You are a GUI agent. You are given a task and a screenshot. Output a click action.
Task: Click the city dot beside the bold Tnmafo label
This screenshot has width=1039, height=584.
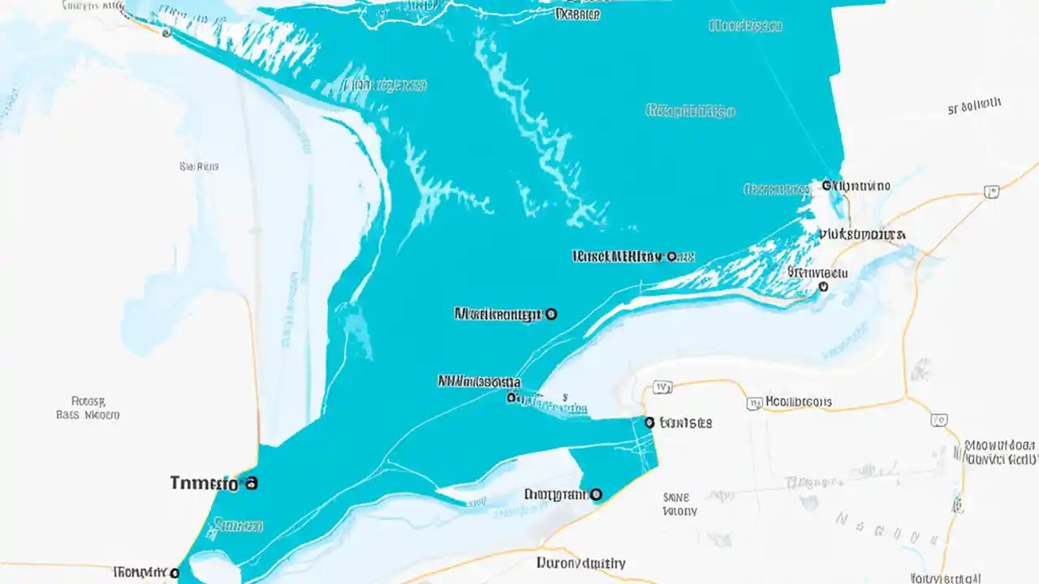coord(251,483)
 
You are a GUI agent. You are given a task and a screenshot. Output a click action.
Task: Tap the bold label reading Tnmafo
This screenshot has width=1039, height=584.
coord(205,484)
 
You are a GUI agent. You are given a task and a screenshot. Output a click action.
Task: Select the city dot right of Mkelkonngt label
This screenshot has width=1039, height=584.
coord(552,313)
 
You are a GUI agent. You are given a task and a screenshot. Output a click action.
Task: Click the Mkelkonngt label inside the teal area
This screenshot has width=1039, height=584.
coord(497,314)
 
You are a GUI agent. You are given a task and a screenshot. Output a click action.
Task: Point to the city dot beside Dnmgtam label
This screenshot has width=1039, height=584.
coord(596,493)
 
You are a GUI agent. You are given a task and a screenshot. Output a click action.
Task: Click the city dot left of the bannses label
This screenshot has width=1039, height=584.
coord(649,422)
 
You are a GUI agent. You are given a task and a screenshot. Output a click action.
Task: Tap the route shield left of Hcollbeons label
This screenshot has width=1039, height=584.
coord(754,402)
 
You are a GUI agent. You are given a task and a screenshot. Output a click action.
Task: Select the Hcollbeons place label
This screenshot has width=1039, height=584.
coord(799,401)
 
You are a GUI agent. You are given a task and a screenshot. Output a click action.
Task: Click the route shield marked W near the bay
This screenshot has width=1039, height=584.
coord(663,388)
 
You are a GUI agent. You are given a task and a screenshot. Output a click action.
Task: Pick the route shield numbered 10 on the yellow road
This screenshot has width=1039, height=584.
coord(939,420)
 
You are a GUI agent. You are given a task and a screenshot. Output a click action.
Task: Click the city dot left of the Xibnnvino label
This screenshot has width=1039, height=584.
coord(827,185)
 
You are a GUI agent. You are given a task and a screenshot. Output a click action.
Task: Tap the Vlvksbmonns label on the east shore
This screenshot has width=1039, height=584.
coord(862,234)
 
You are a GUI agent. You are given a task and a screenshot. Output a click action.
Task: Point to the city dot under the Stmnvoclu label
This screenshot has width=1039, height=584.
coord(824,286)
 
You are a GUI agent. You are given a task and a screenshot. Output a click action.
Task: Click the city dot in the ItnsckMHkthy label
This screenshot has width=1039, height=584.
coord(671,256)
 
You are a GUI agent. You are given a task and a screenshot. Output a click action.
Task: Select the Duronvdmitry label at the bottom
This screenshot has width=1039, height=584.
coord(581,563)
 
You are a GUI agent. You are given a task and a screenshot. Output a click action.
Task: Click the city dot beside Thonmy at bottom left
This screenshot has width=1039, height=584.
coord(175,573)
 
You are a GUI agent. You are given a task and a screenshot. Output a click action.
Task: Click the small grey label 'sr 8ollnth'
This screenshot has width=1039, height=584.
coord(974,105)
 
